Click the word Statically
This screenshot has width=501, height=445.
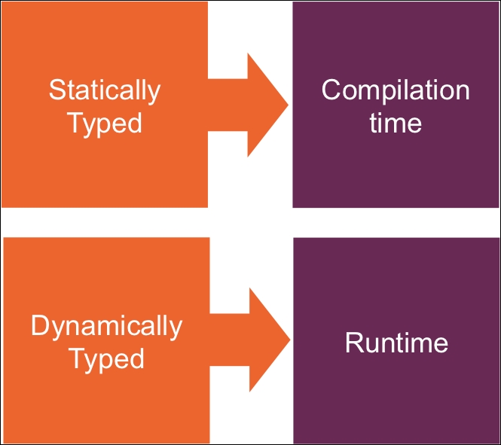point(105,90)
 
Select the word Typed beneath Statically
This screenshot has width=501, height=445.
point(105,123)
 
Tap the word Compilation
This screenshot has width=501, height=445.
point(396,90)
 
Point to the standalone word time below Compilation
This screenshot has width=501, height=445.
point(396,122)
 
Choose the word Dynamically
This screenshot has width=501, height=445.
point(106,327)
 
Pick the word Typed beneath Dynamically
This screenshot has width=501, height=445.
point(106,359)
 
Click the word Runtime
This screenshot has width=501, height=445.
point(396,343)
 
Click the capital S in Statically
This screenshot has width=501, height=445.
point(57,90)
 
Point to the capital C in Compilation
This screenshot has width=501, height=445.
point(332,90)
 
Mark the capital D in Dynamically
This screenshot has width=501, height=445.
point(40,326)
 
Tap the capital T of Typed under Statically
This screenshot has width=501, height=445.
point(76,122)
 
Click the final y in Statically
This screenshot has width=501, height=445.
point(154,93)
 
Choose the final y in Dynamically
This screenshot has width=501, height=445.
point(175,330)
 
